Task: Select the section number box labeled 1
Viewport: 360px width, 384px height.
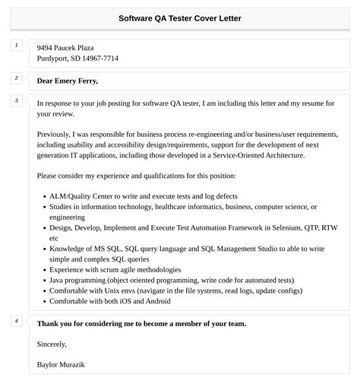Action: [16, 46]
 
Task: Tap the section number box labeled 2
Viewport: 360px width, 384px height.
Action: [16, 78]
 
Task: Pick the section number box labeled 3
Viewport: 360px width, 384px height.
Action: [16, 100]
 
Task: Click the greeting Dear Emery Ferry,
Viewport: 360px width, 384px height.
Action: [68, 81]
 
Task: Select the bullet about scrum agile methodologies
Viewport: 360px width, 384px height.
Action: [115, 269]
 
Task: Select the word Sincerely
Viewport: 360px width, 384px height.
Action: [52, 343]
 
